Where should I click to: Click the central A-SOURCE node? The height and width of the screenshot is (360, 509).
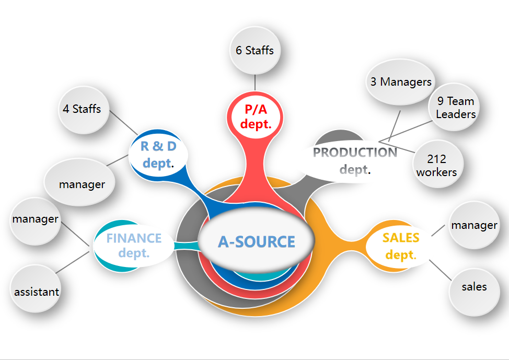(256, 241)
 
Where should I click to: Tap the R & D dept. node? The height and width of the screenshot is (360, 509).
(158, 154)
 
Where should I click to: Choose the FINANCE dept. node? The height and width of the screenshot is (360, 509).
(134, 245)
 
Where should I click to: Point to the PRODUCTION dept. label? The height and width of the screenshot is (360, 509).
(355, 159)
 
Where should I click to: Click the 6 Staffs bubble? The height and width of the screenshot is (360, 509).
(254, 50)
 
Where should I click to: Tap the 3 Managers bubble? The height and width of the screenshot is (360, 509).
(401, 82)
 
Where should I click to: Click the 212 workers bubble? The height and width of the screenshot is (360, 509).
(436, 165)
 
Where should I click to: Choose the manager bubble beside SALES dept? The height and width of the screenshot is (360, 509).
(474, 225)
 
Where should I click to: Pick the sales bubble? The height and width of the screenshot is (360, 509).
(474, 287)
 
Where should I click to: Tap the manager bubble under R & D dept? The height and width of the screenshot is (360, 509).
(82, 184)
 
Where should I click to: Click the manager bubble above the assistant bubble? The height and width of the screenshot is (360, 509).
(36, 219)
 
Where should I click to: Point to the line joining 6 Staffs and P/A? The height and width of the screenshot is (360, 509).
(254, 83)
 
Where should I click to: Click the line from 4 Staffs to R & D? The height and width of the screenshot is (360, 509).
(123, 124)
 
